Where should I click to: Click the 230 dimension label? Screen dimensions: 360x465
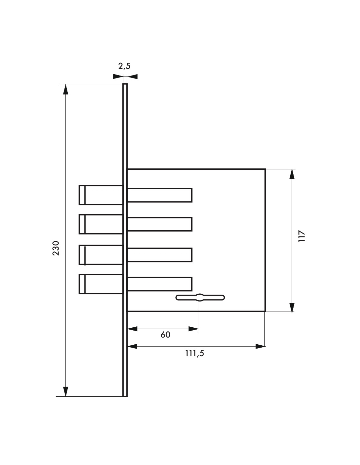coord(56,248)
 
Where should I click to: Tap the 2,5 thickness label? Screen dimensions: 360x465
coord(124,66)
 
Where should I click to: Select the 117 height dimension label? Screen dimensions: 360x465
coord(301,236)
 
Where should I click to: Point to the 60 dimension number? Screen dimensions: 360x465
coord(165,335)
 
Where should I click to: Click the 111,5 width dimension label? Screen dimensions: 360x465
coord(195,353)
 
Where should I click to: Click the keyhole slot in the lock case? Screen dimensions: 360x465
coord(200,298)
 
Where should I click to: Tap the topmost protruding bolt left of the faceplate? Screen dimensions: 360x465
coord(101,195)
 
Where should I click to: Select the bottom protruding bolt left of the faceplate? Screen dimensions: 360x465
coord(101,284)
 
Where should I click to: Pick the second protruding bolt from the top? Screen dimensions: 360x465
coord(101,224)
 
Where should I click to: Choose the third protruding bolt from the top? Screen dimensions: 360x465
coord(101,255)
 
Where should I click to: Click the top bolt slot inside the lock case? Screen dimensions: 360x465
coord(160,195)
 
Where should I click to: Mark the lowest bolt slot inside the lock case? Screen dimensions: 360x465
coord(160,284)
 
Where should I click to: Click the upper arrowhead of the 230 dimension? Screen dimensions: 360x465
coord(65,89)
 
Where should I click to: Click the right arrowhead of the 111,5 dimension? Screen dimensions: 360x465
coord(261,346)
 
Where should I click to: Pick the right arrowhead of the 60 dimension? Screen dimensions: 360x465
coord(194,328)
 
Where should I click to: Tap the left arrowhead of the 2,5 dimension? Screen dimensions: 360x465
coord(118,77)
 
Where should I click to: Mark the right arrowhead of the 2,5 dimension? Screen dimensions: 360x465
coord(132,77)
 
